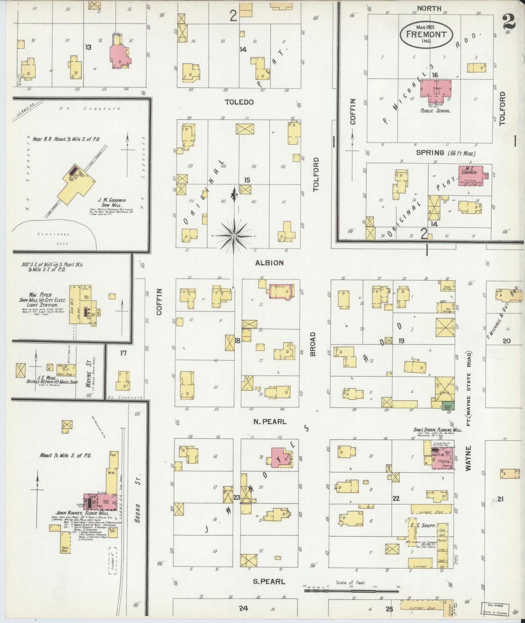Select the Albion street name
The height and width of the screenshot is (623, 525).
[269, 263]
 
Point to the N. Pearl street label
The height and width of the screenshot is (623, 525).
[270, 422]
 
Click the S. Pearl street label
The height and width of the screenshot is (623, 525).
[269, 582]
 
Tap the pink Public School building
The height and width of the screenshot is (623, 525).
[435, 88]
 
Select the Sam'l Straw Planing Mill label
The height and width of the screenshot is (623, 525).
[437, 430]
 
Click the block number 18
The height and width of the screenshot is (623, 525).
[237, 341]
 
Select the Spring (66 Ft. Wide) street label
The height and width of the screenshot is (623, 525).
[445, 153]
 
